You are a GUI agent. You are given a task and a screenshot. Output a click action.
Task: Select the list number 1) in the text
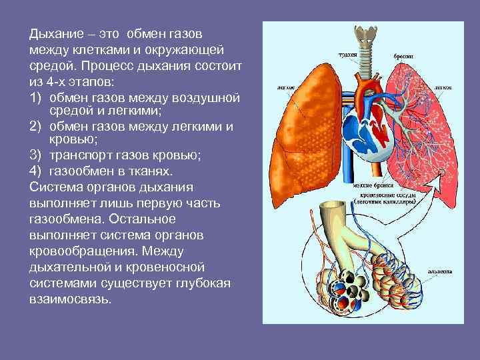click(35, 98)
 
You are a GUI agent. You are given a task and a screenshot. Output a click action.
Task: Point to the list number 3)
click(35, 157)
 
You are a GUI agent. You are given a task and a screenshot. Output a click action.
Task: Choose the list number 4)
click(35, 171)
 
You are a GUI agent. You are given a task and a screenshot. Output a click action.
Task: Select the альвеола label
click(436, 271)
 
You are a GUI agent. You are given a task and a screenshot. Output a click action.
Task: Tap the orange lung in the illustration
click(300, 133)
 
